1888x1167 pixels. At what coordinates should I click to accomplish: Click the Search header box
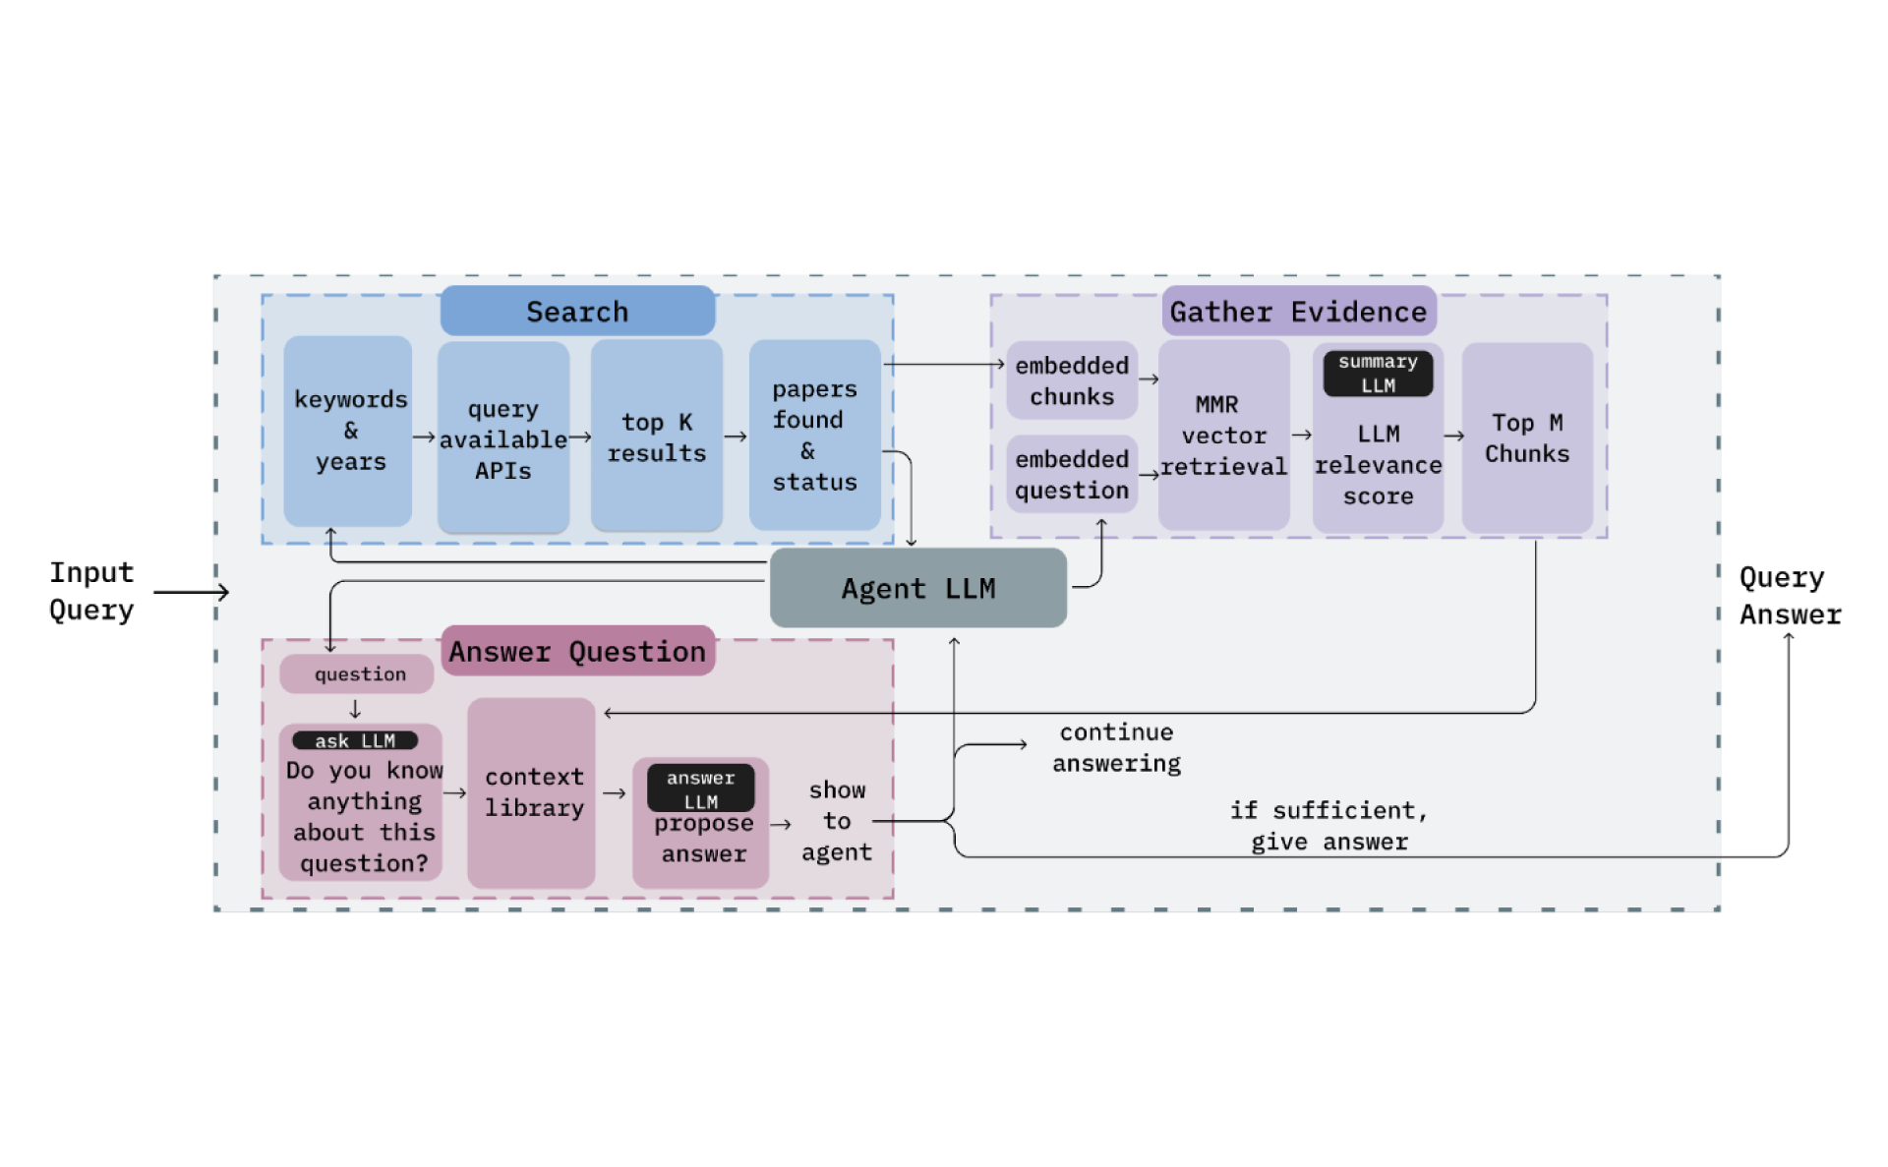click(x=577, y=312)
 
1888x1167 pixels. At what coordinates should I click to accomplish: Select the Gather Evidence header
click(x=1298, y=312)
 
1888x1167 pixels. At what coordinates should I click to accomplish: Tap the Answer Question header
click(x=577, y=651)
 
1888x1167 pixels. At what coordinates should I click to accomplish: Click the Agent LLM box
click(x=917, y=588)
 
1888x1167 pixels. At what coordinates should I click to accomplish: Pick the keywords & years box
click(x=348, y=431)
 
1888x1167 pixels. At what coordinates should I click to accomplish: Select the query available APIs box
click(x=502, y=438)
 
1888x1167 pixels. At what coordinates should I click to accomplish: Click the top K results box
click(x=656, y=437)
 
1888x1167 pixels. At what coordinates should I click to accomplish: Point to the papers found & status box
click(x=814, y=435)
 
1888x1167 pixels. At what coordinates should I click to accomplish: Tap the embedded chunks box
click(x=1072, y=380)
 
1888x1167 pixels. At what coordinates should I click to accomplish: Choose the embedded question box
click(x=1072, y=474)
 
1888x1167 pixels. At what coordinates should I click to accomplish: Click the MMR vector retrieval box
click(x=1223, y=436)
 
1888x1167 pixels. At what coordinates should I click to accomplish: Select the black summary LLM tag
click(x=1378, y=374)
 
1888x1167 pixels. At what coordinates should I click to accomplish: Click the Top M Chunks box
click(x=1526, y=438)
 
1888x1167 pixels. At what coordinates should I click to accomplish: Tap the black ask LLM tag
click(x=355, y=740)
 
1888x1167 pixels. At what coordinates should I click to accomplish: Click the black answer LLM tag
click(x=700, y=788)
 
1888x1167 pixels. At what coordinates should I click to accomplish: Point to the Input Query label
click(x=91, y=591)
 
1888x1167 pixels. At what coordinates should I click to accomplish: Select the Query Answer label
click(x=1789, y=596)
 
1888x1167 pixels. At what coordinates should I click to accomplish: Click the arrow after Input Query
click(x=192, y=592)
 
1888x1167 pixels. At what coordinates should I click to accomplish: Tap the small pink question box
click(x=357, y=674)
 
